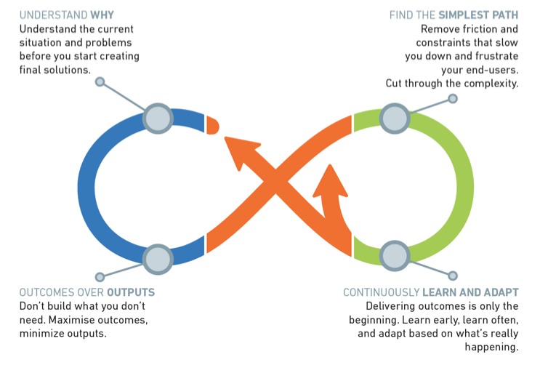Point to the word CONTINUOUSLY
[x=381, y=292]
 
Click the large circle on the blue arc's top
[x=158, y=117]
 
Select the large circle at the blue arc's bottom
[x=158, y=257]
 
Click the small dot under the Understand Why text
[x=100, y=81]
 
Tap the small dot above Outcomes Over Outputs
[x=100, y=277]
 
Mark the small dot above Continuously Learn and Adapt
[x=454, y=276]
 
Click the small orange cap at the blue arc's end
[x=212, y=125]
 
